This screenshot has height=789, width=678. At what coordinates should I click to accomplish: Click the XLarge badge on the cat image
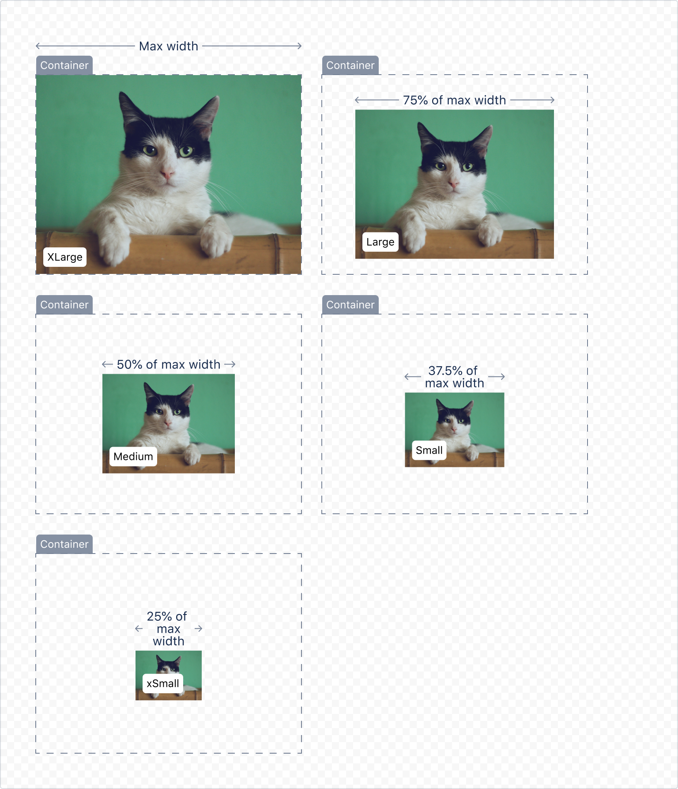pos(65,257)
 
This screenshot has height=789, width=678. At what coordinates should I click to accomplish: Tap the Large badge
pos(380,242)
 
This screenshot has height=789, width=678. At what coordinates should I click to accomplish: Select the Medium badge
pos(133,456)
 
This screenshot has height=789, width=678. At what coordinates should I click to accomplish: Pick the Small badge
pos(429,450)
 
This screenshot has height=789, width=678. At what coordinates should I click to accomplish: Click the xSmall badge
pos(162,683)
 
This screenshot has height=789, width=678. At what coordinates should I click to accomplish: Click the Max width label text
pos(168,46)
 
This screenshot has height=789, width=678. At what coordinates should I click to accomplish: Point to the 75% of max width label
pos(454,100)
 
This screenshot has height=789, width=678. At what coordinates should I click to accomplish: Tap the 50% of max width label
pos(168,364)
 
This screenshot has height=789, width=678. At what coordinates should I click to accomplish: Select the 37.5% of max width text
pos(454,377)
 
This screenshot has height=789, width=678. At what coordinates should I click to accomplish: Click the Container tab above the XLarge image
pos(64,65)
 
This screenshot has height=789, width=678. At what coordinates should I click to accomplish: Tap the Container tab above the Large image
pos(350,65)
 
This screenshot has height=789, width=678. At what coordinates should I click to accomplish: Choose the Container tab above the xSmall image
pos(64,544)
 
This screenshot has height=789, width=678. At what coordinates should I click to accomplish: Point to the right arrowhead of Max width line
pos(299,46)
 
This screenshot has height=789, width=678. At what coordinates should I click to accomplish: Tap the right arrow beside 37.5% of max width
pos(497,377)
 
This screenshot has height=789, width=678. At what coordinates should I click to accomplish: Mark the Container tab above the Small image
pos(350,305)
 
